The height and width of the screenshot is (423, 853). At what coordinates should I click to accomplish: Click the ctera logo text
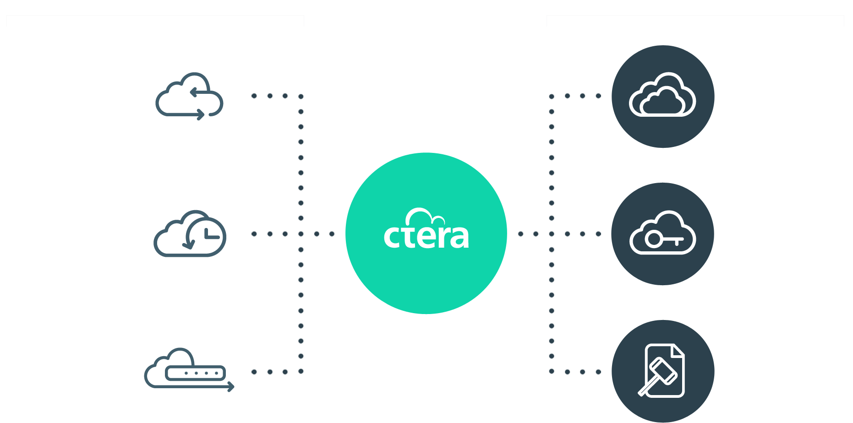(426, 236)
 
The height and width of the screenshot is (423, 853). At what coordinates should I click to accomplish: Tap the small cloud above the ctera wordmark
(425, 216)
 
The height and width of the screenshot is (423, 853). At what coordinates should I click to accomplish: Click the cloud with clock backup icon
(190, 233)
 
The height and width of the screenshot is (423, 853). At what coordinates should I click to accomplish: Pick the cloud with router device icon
(189, 370)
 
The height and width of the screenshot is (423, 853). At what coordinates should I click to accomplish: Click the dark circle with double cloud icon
(663, 97)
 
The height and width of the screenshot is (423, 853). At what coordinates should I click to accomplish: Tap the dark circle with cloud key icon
(663, 234)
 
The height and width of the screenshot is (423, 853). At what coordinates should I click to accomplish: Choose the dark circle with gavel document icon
(663, 371)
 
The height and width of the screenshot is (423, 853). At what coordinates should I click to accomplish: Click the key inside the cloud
(664, 239)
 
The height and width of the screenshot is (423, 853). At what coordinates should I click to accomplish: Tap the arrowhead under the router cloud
(231, 387)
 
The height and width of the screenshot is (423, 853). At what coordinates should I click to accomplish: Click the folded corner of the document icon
(678, 351)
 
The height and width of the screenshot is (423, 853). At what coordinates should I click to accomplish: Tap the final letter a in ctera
(459, 237)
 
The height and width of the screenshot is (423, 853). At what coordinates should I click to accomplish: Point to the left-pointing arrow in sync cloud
(199, 93)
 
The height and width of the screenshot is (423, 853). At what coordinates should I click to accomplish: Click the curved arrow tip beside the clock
(188, 245)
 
